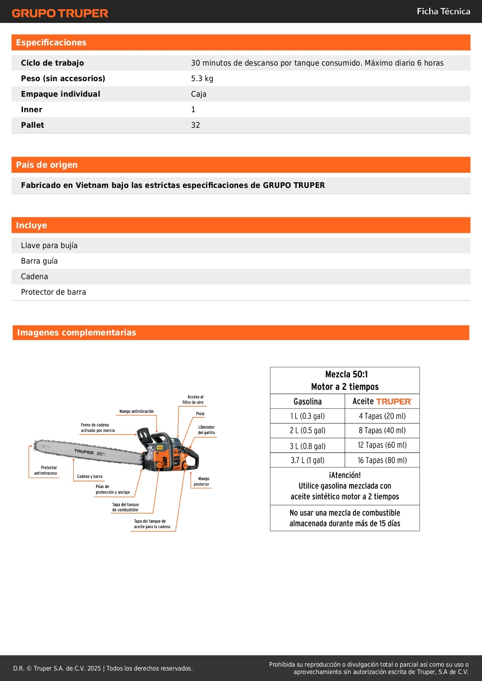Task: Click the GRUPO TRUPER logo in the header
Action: click(x=60, y=13)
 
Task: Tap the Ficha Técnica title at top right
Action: click(x=443, y=11)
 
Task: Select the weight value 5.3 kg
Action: click(x=202, y=78)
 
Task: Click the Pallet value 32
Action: click(x=195, y=125)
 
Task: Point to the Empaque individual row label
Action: click(x=61, y=94)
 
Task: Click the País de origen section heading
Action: click(x=47, y=165)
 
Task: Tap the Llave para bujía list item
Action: click(x=49, y=245)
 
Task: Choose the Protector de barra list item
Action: click(x=54, y=292)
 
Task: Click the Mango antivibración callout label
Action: click(x=136, y=411)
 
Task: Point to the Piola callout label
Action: click(x=200, y=414)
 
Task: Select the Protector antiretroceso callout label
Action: click(x=45, y=471)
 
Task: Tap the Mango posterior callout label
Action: click(x=202, y=481)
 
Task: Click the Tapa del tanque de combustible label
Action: click(x=125, y=507)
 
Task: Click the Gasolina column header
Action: click(x=307, y=401)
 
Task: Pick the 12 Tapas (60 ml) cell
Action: click(x=382, y=445)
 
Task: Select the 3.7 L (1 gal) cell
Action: click(x=307, y=460)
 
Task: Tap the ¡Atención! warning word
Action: click(x=345, y=475)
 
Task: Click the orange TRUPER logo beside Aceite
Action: click(x=394, y=402)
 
